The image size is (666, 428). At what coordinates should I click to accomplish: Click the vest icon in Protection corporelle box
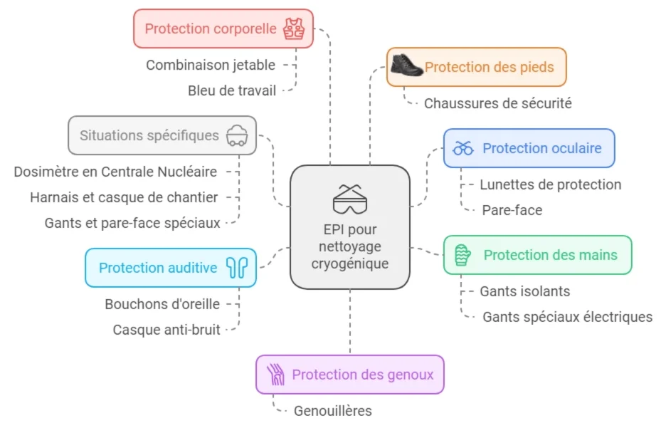293,29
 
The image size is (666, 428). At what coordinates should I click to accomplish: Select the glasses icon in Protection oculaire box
464,148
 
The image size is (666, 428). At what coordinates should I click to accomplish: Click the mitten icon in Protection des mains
463,254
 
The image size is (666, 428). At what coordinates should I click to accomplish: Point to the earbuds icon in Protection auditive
236,268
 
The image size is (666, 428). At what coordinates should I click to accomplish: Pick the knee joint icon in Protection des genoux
275,375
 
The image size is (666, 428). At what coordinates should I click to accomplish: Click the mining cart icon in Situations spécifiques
237,135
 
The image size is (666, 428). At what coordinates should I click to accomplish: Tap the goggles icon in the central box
350,199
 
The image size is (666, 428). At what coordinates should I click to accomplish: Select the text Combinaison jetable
211,65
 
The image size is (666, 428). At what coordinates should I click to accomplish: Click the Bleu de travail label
231,90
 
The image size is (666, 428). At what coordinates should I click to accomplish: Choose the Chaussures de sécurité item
498,103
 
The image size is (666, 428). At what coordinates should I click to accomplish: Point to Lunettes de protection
550,184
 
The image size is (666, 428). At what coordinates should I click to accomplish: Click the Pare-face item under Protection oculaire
512,210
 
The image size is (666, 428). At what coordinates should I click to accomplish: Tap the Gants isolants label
524,291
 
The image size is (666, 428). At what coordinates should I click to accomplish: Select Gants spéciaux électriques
567,317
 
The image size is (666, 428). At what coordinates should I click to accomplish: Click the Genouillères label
332,411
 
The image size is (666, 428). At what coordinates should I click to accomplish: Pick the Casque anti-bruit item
166,330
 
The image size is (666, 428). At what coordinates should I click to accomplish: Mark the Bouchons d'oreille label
162,304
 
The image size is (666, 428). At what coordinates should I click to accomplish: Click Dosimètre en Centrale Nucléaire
115,172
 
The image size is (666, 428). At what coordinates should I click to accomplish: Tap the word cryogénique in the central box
350,263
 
